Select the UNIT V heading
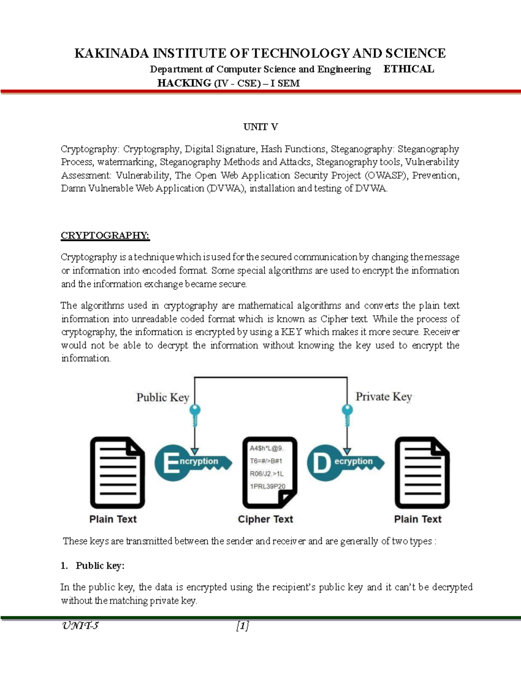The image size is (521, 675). pos(260,127)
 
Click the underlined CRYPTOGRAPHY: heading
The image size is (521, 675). pos(105,236)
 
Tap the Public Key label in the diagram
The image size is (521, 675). pos(162,398)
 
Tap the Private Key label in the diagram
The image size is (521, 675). pos(383,397)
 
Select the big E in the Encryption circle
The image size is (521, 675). pos(171,463)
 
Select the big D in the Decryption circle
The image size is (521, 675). pos(322,463)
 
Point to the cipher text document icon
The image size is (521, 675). pos(269,473)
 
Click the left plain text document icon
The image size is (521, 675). pos(117,473)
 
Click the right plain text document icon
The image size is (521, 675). pos(422,473)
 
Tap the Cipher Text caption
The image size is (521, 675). pos(265,519)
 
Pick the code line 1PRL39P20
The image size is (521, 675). pos(267,486)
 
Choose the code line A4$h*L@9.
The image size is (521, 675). pos(266,448)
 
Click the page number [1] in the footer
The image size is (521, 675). pos(242,626)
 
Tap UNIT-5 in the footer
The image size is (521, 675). pos(80,626)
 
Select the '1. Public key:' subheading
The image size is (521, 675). pos(92,565)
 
